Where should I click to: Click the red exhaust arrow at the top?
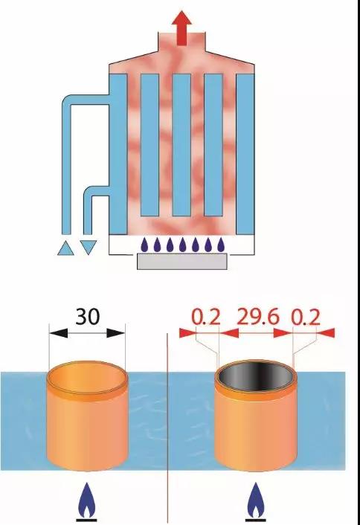(x=181, y=28)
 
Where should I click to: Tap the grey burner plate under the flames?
(x=182, y=261)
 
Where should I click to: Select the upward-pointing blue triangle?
(x=65, y=248)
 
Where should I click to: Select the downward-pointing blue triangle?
(x=89, y=248)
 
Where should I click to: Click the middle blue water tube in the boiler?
(x=181, y=145)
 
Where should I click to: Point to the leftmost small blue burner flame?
(x=144, y=245)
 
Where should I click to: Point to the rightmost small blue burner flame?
(x=220, y=245)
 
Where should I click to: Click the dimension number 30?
(x=88, y=316)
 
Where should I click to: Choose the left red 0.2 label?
(x=206, y=317)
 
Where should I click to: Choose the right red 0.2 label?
(x=306, y=317)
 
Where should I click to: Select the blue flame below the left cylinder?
(x=87, y=500)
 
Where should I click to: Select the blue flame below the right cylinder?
(x=256, y=500)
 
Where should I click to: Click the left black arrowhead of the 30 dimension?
(x=58, y=333)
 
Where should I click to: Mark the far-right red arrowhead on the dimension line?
(x=326, y=333)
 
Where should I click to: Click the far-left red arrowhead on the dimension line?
(x=187, y=333)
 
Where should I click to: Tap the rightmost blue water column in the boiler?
(x=245, y=154)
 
